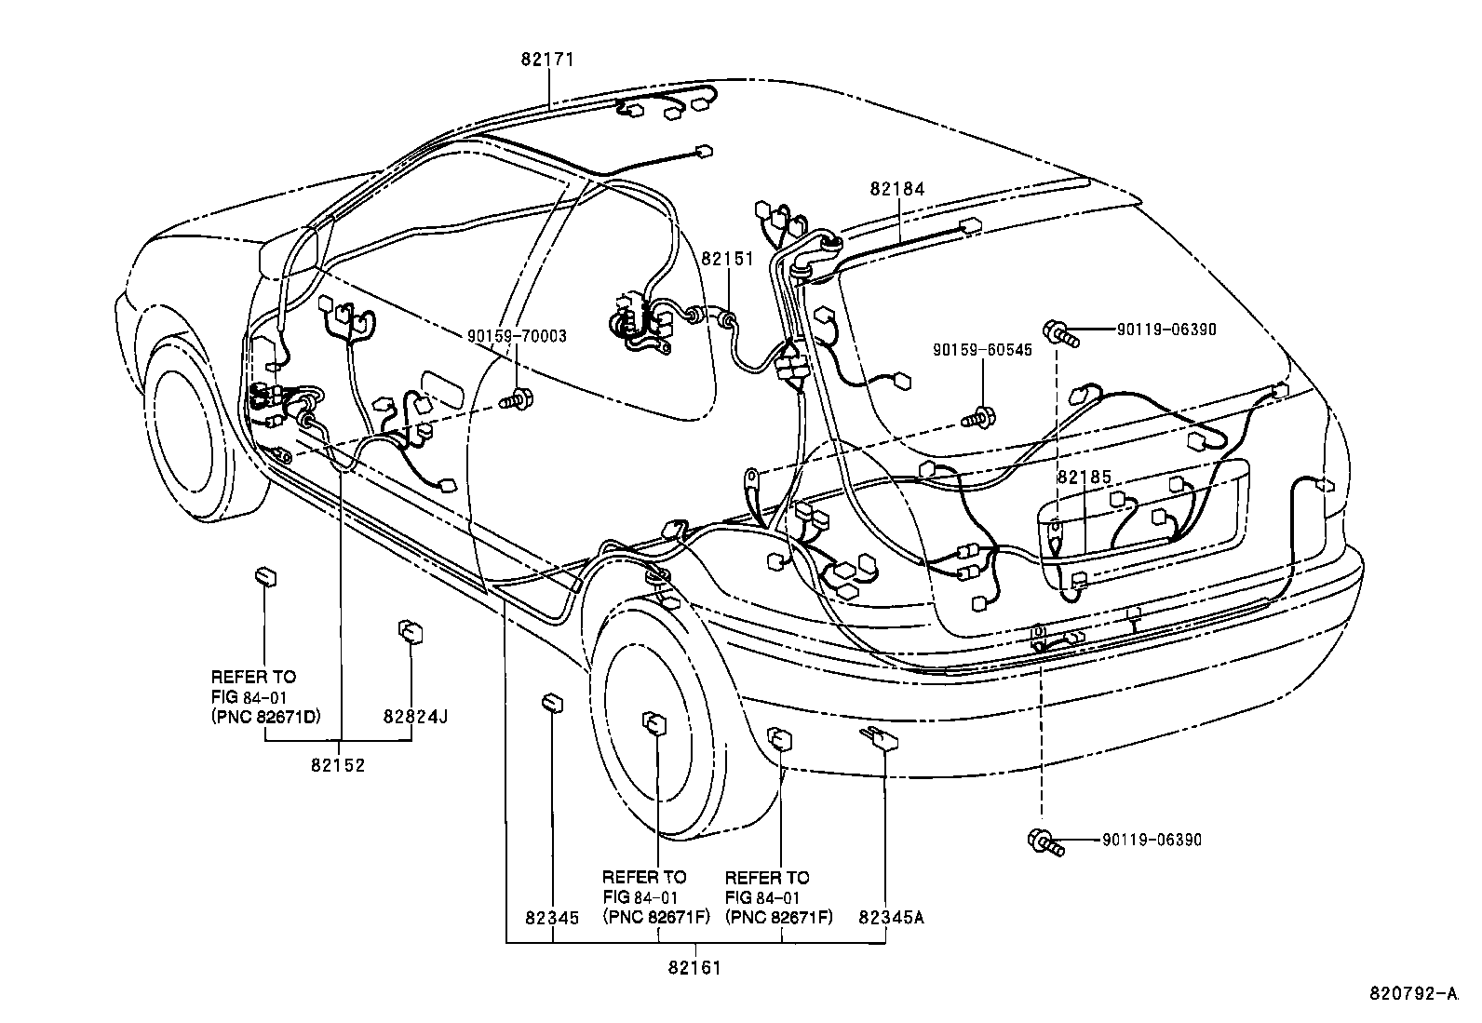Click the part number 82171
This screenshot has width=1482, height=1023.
(547, 59)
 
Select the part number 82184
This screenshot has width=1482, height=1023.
(897, 189)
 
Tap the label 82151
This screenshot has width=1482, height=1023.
(727, 260)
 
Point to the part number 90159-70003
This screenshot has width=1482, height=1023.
(517, 336)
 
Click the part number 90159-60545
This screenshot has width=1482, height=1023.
(982, 351)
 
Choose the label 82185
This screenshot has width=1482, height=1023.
(1085, 477)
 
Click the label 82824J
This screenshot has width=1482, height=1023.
(415, 717)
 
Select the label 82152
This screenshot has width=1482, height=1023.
(339, 765)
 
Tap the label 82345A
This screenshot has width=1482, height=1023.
(891, 917)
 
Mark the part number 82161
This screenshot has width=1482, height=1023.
(694, 968)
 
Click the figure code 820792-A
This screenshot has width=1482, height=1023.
(1411, 993)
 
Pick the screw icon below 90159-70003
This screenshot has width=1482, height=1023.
(516, 402)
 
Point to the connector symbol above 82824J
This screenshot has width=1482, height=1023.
(409, 630)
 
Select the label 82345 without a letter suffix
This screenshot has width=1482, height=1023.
(552, 917)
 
